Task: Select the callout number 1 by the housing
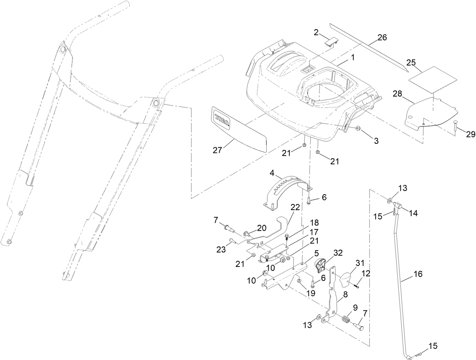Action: pos(352,58)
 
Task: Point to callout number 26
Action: pos(382,37)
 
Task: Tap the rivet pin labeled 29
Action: pos(454,125)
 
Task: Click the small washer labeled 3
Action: pos(358,129)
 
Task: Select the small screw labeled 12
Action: pos(357,286)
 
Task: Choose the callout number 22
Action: pos(295,207)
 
